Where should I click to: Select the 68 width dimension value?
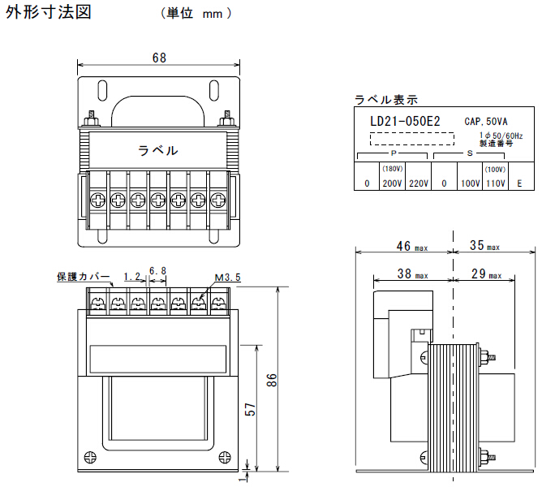pyautogui.click(x=160, y=58)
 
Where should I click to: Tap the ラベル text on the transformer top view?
pyautogui.click(x=158, y=150)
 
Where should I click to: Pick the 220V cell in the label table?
pyautogui.click(x=419, y=183)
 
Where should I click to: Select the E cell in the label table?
pyautogui.click(x=520, y=183)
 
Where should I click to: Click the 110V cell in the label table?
pyautogui.click(x=496, y=183)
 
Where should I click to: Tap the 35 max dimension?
pyautogui.click(x=484, y=245)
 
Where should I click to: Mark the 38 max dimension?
pyautogui.click(x=411, y=275)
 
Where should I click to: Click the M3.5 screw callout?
pyautogui.click(x=228, y=278)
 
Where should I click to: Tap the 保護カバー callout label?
pyautogui.click(x=84, y=277)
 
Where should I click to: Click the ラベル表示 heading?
pyautogui.click(x=386, y=100)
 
